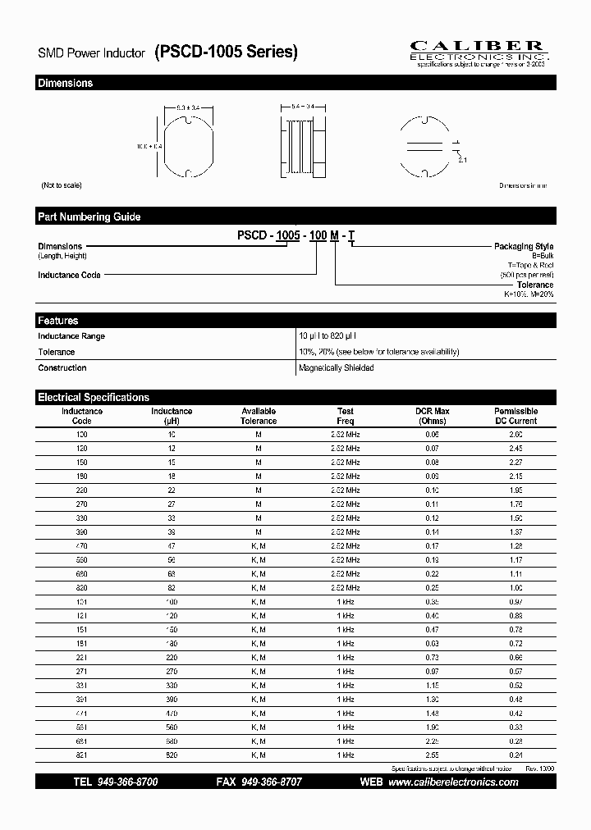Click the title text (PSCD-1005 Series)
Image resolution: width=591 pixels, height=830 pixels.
coord(226,52)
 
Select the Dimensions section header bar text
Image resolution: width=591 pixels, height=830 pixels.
coord(66,84)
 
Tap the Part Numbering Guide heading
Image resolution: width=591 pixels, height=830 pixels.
coord(89,217)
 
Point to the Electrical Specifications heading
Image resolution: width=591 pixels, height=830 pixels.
coord(94,397)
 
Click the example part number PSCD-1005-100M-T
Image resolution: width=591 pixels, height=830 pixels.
coord(296,236)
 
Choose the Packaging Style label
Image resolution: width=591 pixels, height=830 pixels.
coord(523,246)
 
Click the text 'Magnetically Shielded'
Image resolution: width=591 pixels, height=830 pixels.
coord(337,368)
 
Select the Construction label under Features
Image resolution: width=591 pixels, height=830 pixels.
coord(62,368)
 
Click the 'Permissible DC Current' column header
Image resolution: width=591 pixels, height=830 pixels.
coord(515,416)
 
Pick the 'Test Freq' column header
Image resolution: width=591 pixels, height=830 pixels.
coord(346,416)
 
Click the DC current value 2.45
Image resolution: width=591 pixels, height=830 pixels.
coord(515,449)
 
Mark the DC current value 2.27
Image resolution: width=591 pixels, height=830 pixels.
coord(515,462)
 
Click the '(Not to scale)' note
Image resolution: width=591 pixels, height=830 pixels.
coord(62,186)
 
